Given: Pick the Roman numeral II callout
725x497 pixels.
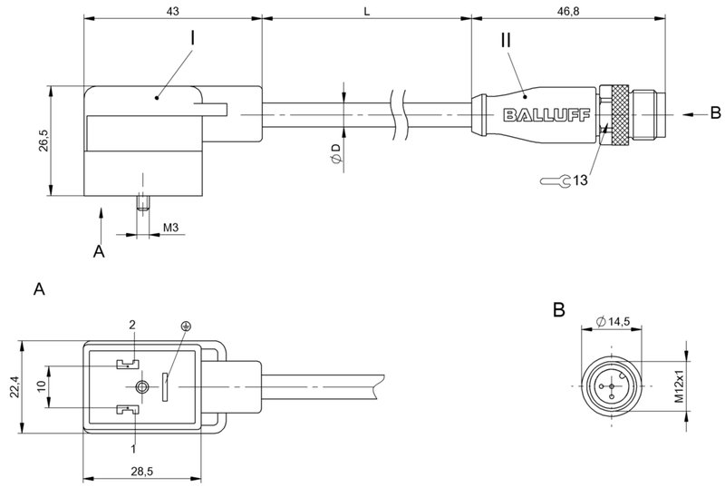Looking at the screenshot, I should [506, 40].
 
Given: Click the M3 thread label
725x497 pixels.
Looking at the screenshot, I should [169, 226].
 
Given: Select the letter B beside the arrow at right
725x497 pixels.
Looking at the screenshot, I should [715, 113].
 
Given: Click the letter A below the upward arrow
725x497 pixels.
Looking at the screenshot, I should [100, 252].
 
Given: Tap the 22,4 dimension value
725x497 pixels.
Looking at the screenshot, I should [13, 388].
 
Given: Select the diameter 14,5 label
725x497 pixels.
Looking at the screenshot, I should [615, 321].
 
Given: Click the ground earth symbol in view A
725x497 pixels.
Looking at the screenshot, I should [186, 326].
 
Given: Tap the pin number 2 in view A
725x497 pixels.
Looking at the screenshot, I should [131, 324].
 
